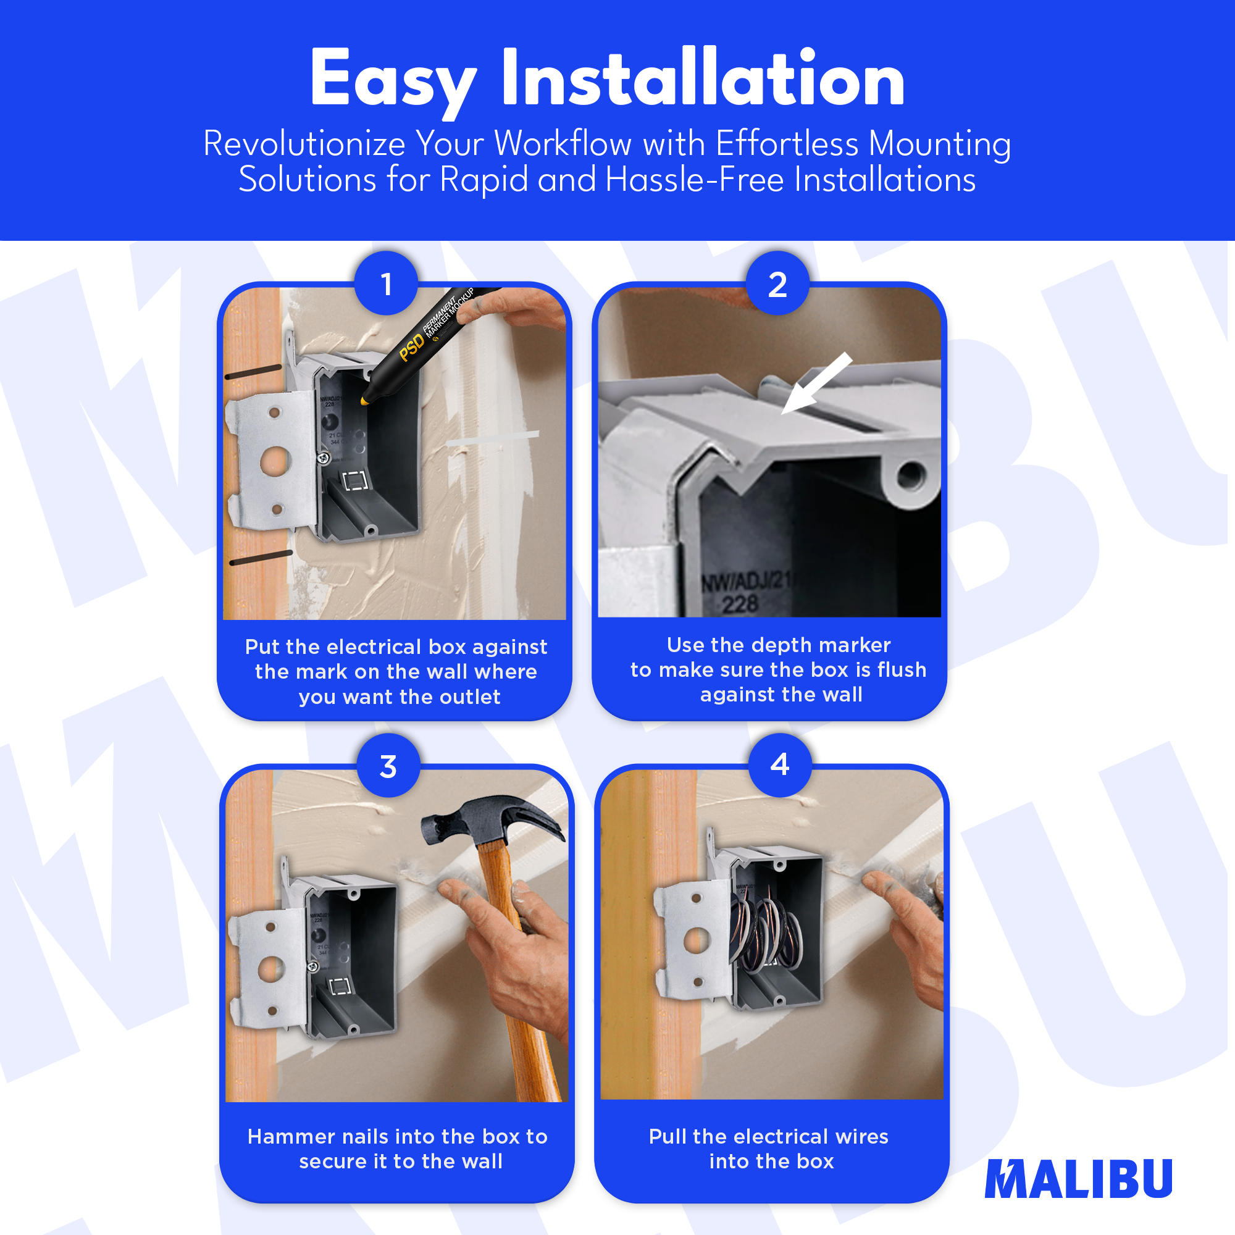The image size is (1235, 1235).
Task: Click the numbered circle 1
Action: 386,283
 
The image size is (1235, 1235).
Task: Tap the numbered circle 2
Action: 777,283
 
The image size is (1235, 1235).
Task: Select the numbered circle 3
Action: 388,765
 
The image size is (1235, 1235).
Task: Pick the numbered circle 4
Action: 780,764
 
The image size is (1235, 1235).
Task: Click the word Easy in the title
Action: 393,80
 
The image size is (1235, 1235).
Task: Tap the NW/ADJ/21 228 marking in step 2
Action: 744,592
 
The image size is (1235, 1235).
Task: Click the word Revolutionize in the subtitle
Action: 304,143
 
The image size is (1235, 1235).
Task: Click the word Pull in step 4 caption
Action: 668,1136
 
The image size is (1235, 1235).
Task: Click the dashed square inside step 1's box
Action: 356,480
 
